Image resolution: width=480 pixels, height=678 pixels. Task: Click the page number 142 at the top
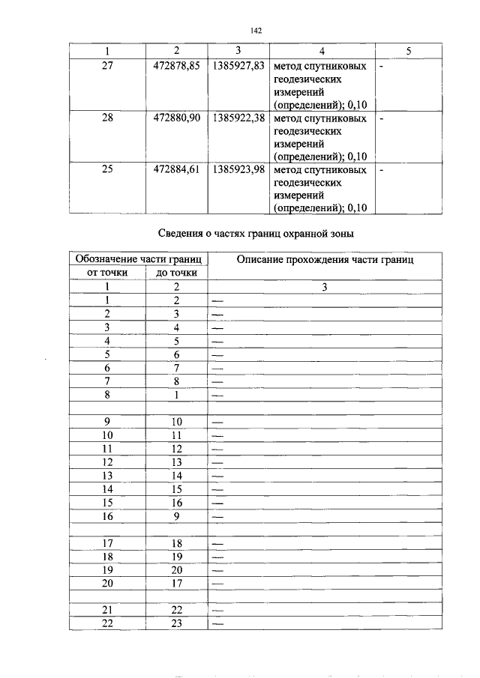pos(253,31)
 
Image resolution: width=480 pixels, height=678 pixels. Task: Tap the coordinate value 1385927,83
pos(238,66)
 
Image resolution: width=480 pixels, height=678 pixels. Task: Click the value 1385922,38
pos(238,118)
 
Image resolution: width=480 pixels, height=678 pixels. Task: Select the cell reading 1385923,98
pos(238,169)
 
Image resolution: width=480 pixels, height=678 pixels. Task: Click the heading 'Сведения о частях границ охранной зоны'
pos(253,233)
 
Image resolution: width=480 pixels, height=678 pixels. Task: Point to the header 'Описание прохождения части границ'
pos(325,259)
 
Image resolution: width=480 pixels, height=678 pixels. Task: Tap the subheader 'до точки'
pos(176,273)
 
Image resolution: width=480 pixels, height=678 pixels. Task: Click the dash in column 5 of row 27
pos(382,67)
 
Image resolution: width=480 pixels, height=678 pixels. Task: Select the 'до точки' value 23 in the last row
pos(176,623)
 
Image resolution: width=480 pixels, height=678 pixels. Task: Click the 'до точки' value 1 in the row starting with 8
pos(176,394)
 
